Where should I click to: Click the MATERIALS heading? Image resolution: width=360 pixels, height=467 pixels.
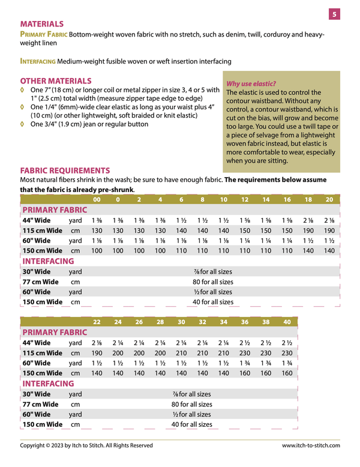pyautogui.click(x=42, y=24)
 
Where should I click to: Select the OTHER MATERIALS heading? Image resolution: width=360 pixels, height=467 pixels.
pyautogui.click(x=56, y=80)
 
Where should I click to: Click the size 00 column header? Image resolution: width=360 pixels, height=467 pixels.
pyautogui.click(x=97, y=199)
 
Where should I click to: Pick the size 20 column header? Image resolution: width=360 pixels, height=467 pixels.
pyautogui.click(x=329, y=199)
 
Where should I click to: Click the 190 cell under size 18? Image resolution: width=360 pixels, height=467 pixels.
pyautogui.click(x=308, y=231)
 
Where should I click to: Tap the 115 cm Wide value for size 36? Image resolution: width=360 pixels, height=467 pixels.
pyautogui.click(x=245, y=353)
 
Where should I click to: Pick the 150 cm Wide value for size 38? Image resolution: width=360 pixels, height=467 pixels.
pyautogui.click(x=266, y=373)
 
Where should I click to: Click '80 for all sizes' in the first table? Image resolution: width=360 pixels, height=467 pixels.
pyautogui.click(x=212, y=282)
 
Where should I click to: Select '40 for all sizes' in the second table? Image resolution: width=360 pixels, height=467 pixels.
pyautogui.click(x=191, y=424)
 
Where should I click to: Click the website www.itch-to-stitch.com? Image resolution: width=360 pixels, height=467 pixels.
pyautogui.click(x=311, y=445)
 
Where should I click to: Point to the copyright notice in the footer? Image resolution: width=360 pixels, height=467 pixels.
pyautogui.click(x=86, y=445)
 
